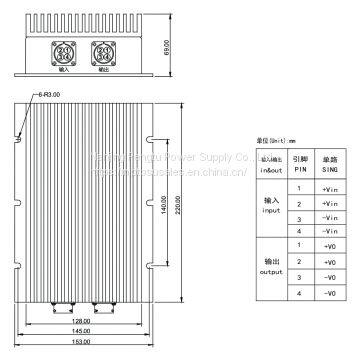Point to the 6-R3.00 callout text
coord(46,93)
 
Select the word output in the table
coord(271,270)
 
